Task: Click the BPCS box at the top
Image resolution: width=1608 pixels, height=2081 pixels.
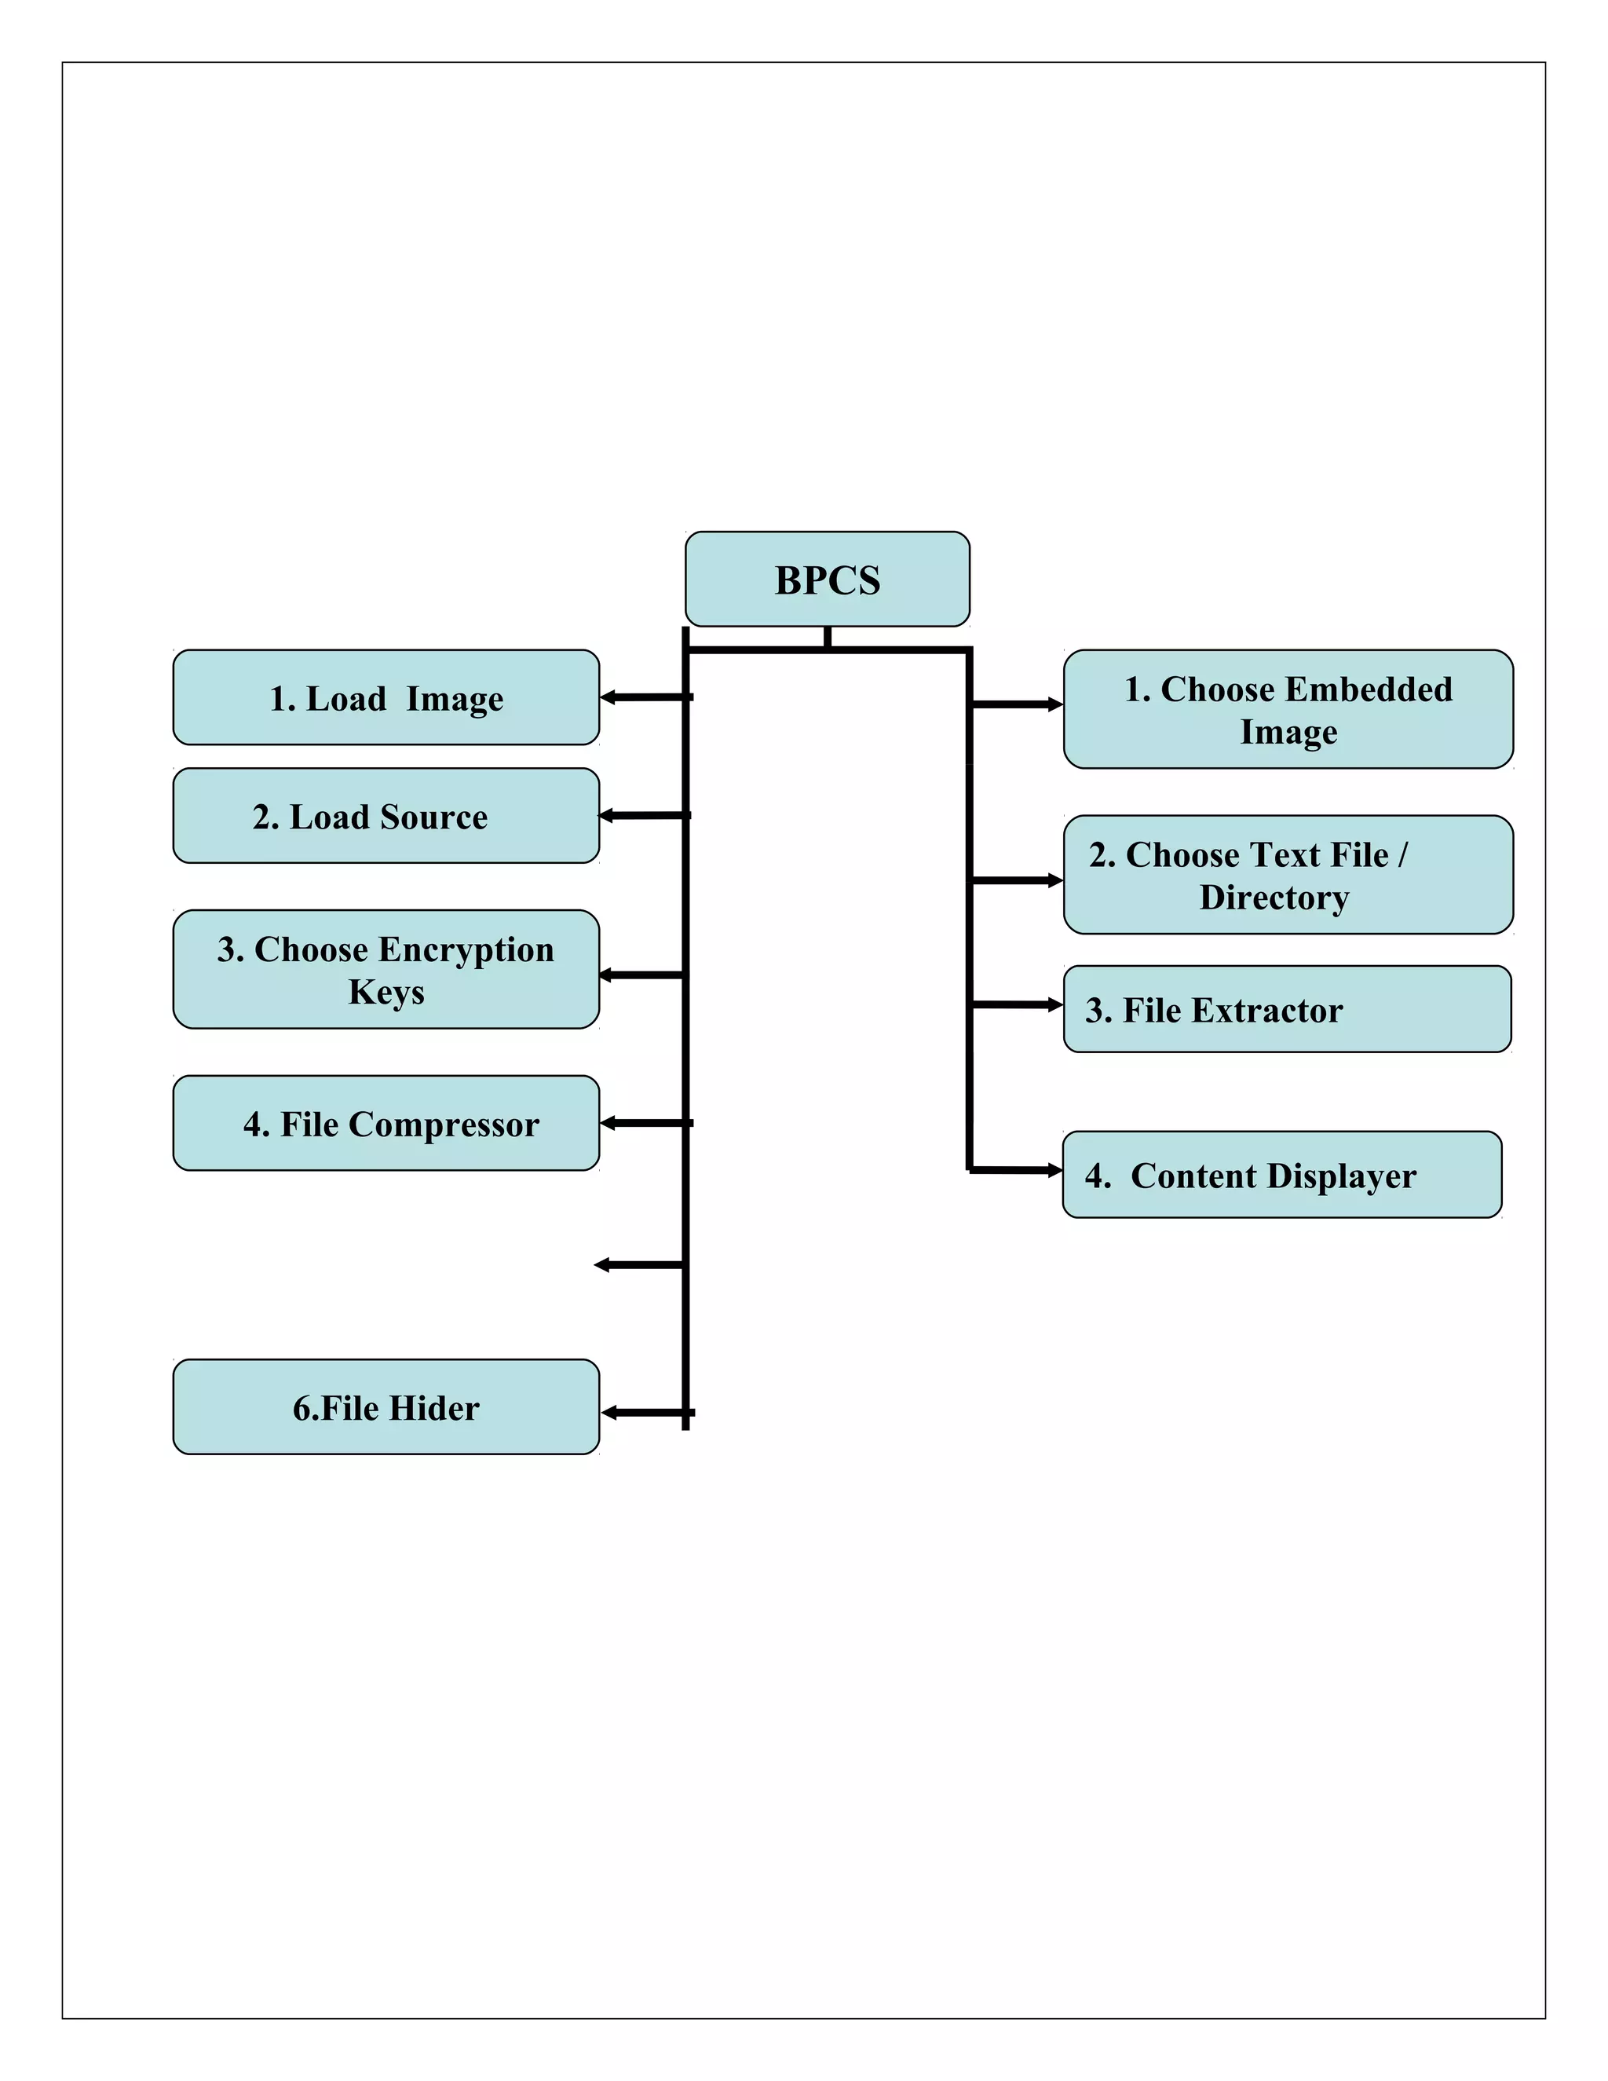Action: point(827,580)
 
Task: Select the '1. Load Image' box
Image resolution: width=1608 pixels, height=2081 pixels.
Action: point(386,697)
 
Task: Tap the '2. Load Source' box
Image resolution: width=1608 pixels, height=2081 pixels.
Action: point(386,816)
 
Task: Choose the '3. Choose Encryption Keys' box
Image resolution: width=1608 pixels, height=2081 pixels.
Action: point(386,969)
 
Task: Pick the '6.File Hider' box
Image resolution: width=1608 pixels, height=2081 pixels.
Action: point(386,1407)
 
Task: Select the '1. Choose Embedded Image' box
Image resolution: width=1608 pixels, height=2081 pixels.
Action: point(1288,709)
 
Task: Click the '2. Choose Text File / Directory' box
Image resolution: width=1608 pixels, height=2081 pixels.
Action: point(1288,875)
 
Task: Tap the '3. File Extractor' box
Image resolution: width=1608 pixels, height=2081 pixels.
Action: point(1287,1009)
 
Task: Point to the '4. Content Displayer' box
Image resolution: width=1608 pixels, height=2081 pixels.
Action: point(1281,1175)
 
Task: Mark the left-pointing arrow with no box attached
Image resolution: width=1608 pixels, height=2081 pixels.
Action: point(603,1265)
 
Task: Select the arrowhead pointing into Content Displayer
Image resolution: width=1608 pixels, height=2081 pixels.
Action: point(1054,1170)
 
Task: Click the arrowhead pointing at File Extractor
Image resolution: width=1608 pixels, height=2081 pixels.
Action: point(1054,1004)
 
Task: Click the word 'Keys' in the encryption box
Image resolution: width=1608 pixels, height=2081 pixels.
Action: point(386,992)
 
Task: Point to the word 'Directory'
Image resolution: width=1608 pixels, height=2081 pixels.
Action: point(1274,898)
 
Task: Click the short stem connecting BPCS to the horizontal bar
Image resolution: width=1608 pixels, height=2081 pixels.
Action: point(827,638)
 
